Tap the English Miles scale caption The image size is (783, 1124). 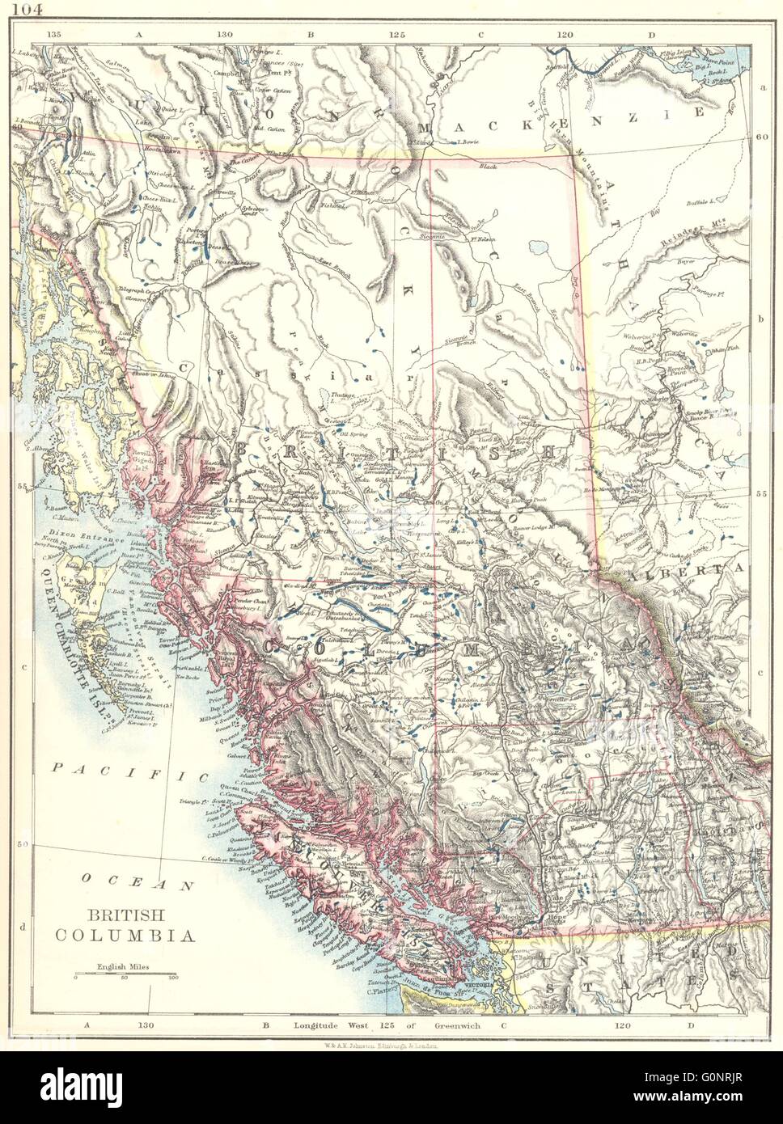point(122,966)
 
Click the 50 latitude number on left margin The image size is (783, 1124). point(23,844)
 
